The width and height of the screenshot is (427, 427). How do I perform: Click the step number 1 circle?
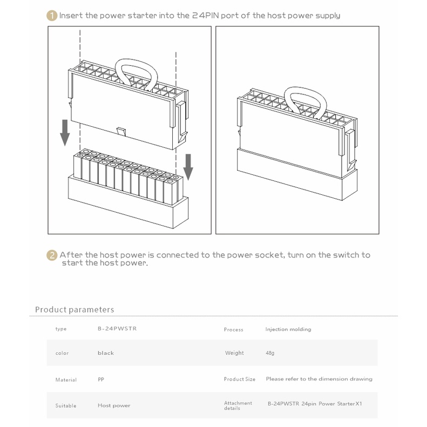tap(52, 16)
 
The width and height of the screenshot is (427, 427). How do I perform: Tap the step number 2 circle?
tap(52, 255)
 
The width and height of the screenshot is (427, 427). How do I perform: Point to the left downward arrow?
tap(65, 133)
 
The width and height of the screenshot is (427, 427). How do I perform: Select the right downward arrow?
tap(188, 167)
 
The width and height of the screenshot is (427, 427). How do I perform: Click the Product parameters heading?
tap(74, 309)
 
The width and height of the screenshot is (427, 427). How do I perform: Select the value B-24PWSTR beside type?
tap(117, 328)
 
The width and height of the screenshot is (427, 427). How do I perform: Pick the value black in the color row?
tap(106, 353)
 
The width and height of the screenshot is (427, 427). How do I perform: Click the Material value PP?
tap(101, 379)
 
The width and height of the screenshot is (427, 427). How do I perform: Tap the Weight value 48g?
tap(270, 353)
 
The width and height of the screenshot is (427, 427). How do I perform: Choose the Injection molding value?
tap(288, 329)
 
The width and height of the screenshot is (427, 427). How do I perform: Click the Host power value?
tap(114, 405)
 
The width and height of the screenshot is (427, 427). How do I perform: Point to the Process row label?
tap(233, 329)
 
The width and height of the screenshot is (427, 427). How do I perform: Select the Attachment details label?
tap(238, 405)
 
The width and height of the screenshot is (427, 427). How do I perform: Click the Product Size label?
tap(239, 379)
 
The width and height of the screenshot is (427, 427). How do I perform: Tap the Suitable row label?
tap(66, 406)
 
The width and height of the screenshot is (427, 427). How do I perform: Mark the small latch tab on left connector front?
tap(120, 132)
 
